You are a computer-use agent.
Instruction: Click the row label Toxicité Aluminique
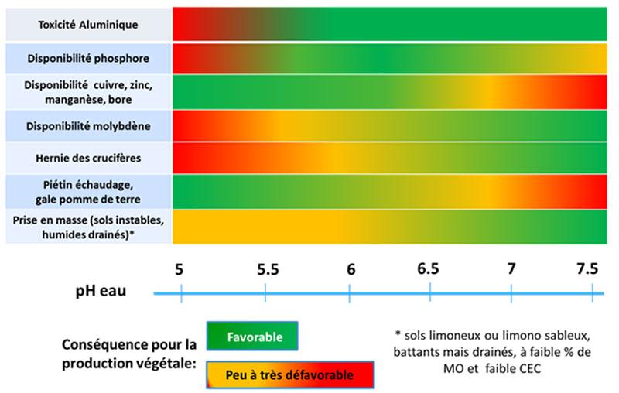point(88,25)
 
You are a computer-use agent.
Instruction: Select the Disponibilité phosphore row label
point(88,58)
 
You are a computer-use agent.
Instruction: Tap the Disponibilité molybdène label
point(88,125)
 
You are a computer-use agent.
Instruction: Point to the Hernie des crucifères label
point(88,158)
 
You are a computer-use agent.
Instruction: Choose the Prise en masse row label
point(88,227)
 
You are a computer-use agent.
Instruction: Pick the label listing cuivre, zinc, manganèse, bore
point(88,91)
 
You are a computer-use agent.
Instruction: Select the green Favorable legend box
point(252,337)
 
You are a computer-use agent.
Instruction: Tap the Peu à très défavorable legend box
point(289,375)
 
